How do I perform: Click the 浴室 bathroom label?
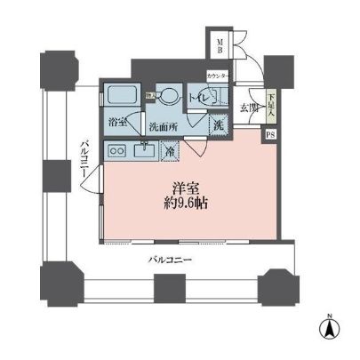117,121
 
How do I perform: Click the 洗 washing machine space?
219,124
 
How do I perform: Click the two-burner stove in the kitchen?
116,152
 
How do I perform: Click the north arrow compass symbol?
329,329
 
